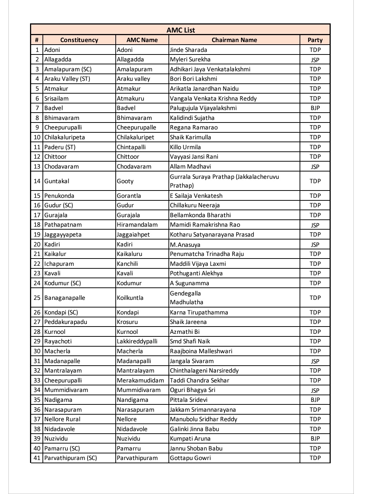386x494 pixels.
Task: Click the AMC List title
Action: (x=181, y=30)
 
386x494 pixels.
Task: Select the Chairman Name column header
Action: (x=234, y=40)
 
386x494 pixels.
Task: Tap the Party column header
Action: (x=315, y=40)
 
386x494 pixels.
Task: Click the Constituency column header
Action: (x=79, y=40)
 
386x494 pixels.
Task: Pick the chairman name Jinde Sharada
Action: (x=188, y=50)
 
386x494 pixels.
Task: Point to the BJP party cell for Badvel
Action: (x=315, y=108)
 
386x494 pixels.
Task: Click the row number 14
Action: (x=37, y=181)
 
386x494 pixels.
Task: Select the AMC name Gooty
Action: (x=125, y=181)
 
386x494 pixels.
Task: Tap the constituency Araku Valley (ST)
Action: (x=67, y=79)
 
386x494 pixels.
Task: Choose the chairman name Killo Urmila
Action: (x=185, y=147)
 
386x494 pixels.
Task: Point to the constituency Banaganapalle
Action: (x=64, y=298)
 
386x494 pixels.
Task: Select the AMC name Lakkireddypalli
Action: (x=137, y=341)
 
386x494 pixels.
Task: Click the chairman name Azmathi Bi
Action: (x=185, y=332)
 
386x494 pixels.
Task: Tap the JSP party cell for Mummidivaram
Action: (x=315, y=390)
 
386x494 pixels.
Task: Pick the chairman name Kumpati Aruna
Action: (x=190, y=438)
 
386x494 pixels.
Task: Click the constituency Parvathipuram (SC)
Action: (x=71, y=458)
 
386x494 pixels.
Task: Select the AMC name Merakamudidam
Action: (x=140, y=380)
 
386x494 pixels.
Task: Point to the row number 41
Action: (x=37, y=458)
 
